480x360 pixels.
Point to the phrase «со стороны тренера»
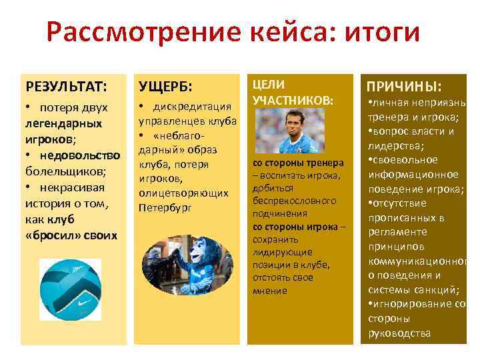297,163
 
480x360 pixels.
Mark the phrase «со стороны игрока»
295,227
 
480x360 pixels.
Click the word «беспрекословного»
294,201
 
